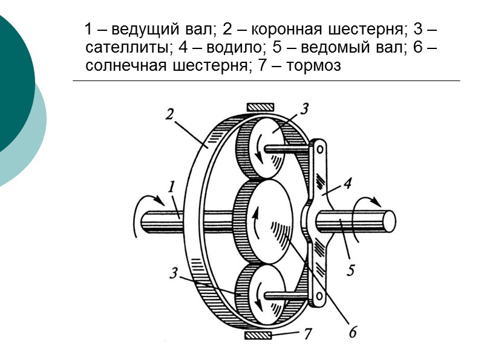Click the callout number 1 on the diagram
pos(172,188)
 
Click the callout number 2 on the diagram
pos(171,114)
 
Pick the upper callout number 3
pos(304,109)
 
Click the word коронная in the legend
pos(280,29)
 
